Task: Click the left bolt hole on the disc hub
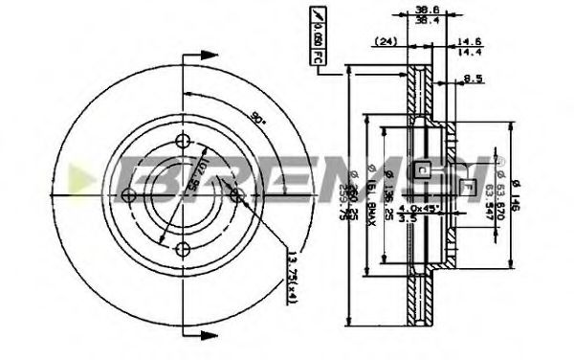pos(129,195)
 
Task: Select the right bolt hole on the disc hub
pos(240,192)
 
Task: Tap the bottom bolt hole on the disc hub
pos(184,249)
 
